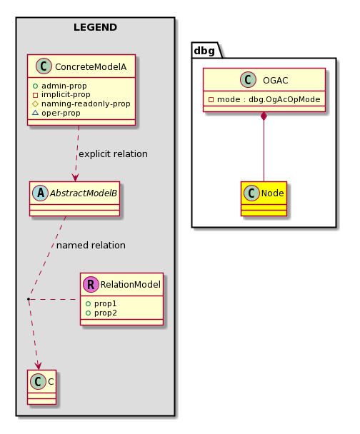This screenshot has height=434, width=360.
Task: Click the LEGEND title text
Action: tap(95, 27)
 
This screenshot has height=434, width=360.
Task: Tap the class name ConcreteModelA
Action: tap(91, 66)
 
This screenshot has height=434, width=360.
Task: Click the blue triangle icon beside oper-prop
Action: tap(35, 113)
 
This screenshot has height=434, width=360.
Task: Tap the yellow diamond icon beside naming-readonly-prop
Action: tap(35, 104)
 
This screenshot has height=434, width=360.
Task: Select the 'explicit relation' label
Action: tap(113, 154)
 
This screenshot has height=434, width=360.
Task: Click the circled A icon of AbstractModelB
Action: tap(41, 193)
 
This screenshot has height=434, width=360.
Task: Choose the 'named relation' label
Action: tap(91, 246)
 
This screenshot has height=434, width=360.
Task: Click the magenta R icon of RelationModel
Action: tap(91, 284)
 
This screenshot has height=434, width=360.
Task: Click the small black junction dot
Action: tap(29, 299)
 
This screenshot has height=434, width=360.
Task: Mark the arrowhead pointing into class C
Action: tap(38, 365)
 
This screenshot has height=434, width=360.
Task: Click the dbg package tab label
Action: tap(204, 51)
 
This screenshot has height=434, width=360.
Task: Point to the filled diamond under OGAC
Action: tap(264, 116)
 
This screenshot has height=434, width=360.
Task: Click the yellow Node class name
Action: tap(272, 193)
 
